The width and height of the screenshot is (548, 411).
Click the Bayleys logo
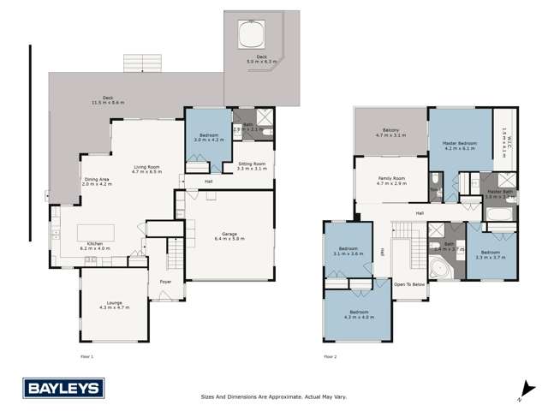coord(63,389)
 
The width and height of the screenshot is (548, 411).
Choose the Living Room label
coord(146,170)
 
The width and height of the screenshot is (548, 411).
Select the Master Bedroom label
coord(459,145)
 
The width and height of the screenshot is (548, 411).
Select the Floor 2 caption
coord(330,354)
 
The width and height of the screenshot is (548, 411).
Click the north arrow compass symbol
coord(521,395)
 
